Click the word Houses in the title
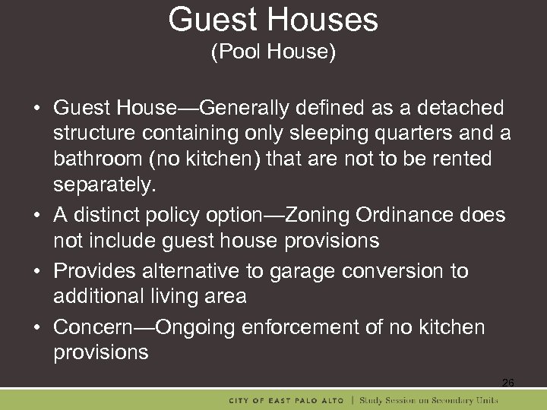[327, 20]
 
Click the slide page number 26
[507, 383]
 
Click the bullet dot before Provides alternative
[37, 272]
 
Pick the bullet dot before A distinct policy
[37, 216]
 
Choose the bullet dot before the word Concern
[37, 328]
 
